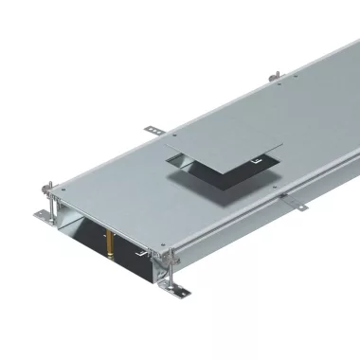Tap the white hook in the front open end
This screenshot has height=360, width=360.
pos(142,253)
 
